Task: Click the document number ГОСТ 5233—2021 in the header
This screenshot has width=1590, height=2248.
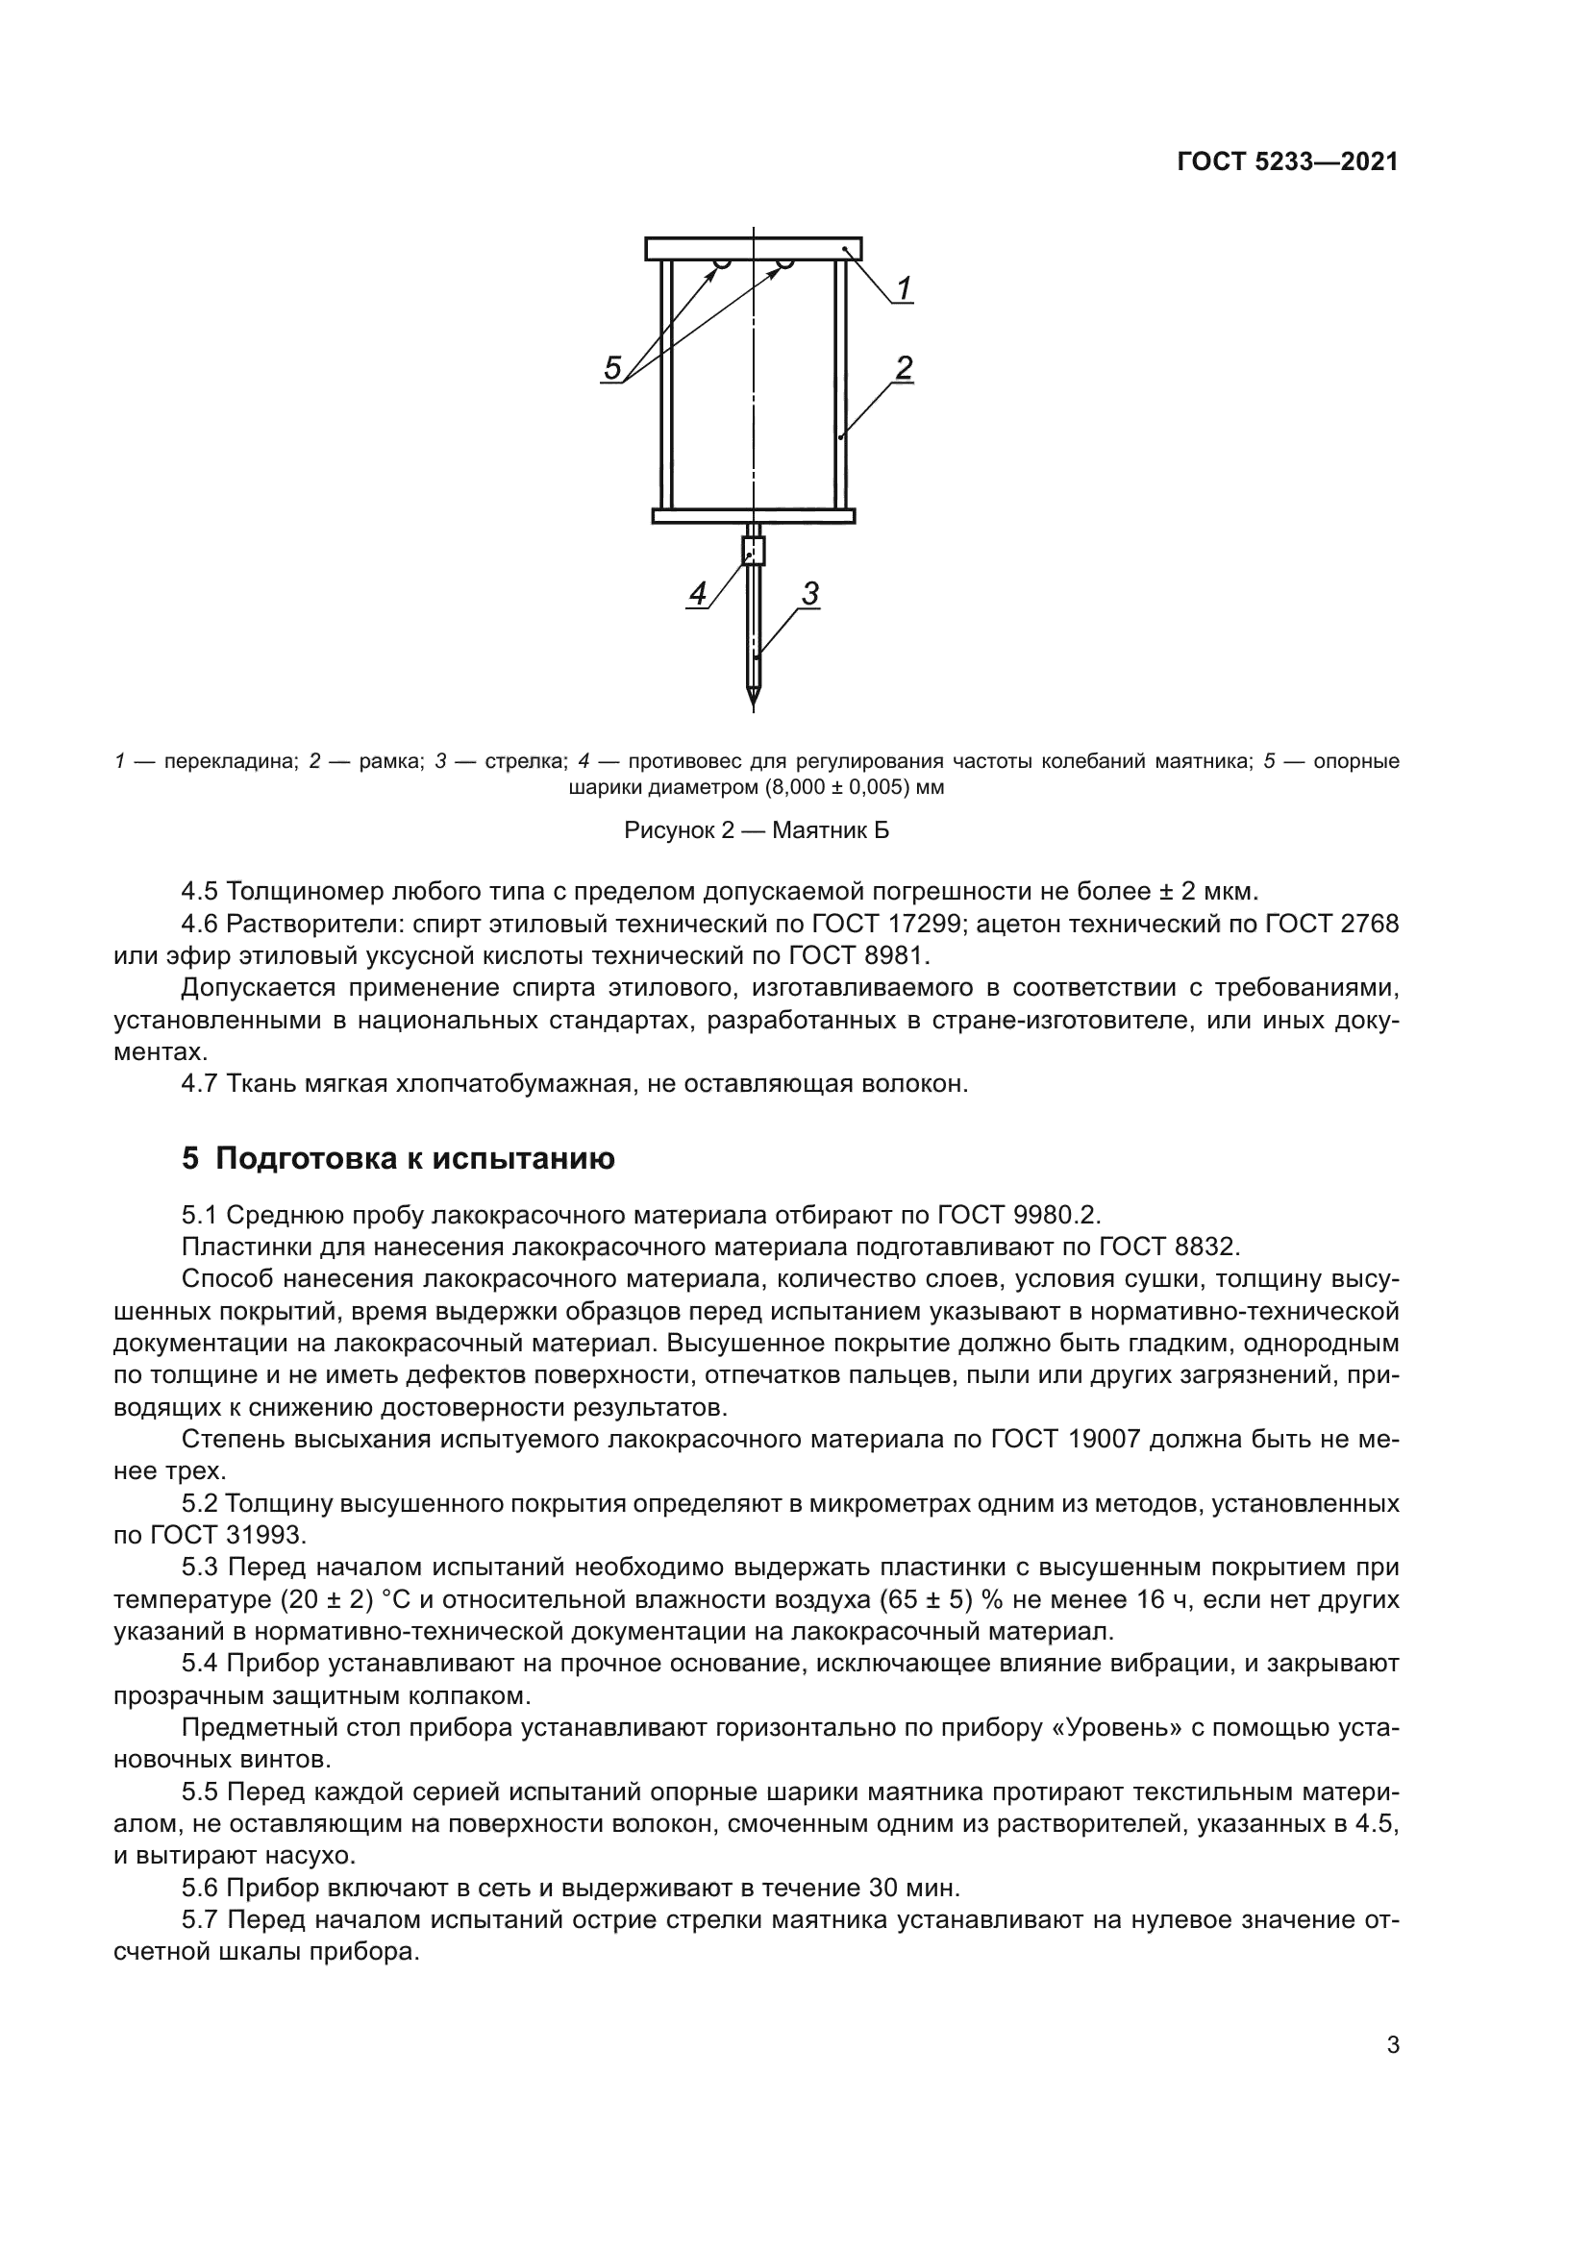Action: [1286, 162]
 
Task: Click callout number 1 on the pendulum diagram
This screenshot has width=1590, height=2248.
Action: [904, 288]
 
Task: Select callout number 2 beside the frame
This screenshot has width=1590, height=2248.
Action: [904, 368]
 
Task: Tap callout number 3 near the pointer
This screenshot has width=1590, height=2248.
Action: [809, 593]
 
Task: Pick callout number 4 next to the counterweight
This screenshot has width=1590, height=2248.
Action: [697, 593]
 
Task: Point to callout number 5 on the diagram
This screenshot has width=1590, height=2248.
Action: [612, 369]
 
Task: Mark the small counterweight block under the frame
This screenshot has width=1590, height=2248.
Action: [753, 551]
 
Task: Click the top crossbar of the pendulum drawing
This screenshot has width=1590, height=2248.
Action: [753, 249]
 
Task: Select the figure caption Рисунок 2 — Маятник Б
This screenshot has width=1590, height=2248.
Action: [756, 831]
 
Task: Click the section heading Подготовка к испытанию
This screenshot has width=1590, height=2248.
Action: [414, 1158]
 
